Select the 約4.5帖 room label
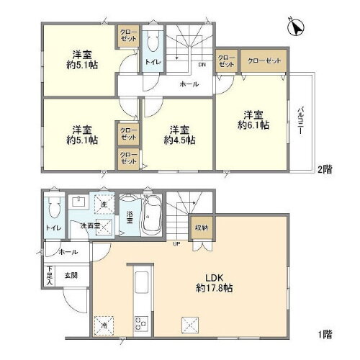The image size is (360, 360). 179,135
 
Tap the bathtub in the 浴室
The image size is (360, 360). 152,216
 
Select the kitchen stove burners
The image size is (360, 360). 140,320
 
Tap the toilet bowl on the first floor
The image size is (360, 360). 51,210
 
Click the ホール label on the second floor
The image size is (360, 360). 189,84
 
